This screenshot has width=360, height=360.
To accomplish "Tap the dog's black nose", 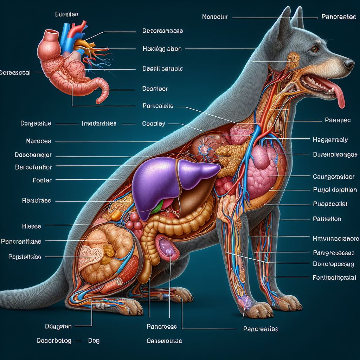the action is click(349, 64).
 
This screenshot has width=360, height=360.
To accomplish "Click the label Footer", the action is click(42, 180).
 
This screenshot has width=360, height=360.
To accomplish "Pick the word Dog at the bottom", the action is click(94, 341).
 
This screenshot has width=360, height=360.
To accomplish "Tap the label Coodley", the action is click(154, 124).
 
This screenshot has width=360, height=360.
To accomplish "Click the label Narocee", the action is click(38, 141).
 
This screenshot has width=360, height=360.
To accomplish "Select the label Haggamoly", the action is click(330, 140).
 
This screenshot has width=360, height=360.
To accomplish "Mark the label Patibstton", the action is click(327, 219).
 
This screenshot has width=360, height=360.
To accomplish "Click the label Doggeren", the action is click(58, 326).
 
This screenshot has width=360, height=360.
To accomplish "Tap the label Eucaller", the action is click(66, 14).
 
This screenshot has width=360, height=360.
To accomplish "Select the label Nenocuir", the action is click(216, 17).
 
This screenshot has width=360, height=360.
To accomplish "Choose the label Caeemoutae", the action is click(164, 341).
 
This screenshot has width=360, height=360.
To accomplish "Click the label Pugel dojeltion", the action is click(335, 190).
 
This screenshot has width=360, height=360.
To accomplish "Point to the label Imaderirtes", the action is click(99, 124).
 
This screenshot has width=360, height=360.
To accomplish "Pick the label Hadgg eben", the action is click(162, 49).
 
